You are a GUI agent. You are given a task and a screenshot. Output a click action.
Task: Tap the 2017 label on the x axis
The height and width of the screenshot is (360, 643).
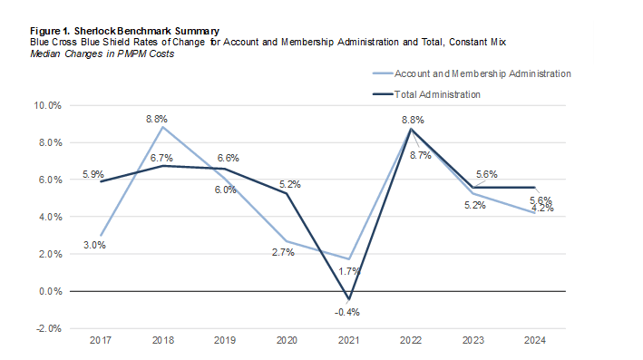[x=102, y=340]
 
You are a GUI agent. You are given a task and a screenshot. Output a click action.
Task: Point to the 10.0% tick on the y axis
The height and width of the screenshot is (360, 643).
[x=47, y=105]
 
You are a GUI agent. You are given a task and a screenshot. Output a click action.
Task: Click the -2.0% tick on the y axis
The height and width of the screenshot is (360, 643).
[x=47, y=328]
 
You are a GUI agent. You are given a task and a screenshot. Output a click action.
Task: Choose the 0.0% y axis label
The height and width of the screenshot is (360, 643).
[x=48, y=291]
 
